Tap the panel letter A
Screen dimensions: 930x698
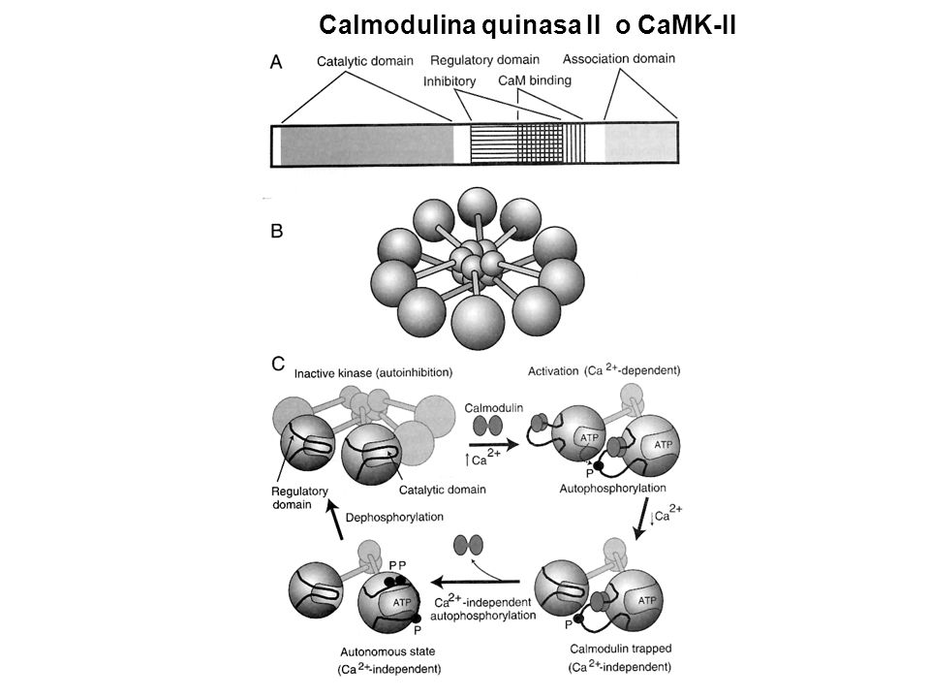pos(276,62)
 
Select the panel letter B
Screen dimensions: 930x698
pos(276,231)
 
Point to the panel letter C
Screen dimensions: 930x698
pos(278,364)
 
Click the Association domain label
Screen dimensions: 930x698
pos(619,58)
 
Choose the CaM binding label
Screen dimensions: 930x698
pos(535,80)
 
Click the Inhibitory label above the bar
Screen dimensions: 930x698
pos(449,81)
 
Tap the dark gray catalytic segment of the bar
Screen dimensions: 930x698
pos(366,145)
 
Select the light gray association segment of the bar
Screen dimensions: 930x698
pos(640,143)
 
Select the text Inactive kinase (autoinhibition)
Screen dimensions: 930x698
pos(373,372)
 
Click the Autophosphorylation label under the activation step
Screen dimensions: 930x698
pos(612,488)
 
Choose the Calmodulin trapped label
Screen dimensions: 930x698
pos(620,649)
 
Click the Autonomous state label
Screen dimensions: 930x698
pos(387,651)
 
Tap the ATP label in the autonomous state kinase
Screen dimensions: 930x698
pos(401,602)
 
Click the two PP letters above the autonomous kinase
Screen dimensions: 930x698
pos(397,565)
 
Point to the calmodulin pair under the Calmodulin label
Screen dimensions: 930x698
pos(487,426)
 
